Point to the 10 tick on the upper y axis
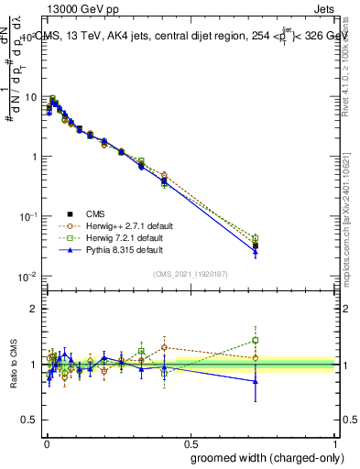point(29,96)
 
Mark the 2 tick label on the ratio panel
point(33,309)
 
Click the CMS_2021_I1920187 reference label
point(191,273)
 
